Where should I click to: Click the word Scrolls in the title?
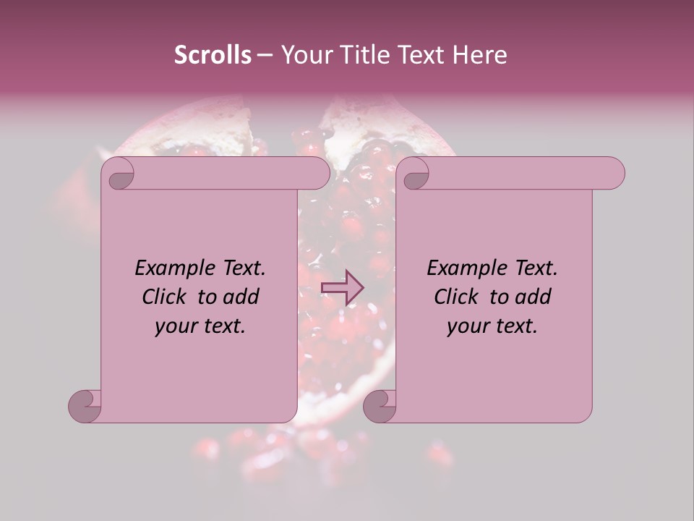[213, 55]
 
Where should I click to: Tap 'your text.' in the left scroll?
[200, 326]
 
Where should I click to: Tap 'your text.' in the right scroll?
[492, 326]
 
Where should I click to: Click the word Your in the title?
[303, 55]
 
